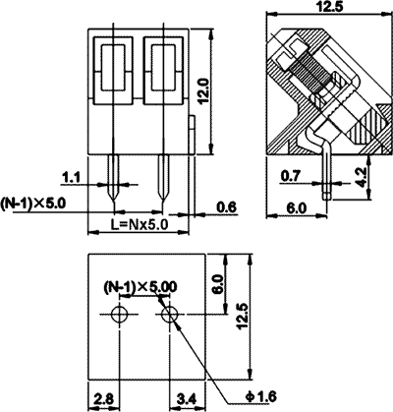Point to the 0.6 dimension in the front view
(x=227, y=206)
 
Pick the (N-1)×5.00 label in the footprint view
(x=141, y=286)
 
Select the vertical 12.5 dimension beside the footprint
(x=244, y=318)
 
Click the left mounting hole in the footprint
(x=119, y=315)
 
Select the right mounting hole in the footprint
(x=169, y=315)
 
